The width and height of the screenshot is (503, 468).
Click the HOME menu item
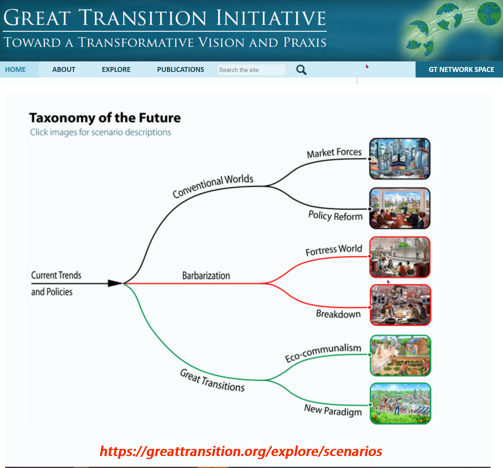(x=15, y=70)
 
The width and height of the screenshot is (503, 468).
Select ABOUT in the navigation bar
(x=64, y=70)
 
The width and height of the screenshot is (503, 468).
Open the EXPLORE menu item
(x=116, y=70)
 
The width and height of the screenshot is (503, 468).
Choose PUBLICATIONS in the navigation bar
(x=180, y=70)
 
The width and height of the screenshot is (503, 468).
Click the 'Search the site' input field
(x=251, y=70)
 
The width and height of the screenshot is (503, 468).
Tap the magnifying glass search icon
(x=301, y=70)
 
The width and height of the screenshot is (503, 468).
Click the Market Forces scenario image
(x=400, y=159)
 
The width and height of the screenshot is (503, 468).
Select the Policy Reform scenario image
(x=400, y=208)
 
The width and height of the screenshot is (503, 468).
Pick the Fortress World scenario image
(x=400, y=257)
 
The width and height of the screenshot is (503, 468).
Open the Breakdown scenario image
(x=400, y=305)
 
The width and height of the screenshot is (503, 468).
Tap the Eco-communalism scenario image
(x=400, y=355)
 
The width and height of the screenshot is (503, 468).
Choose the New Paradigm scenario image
(x=400, y=403)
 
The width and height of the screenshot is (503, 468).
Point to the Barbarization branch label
(x=206, y=276)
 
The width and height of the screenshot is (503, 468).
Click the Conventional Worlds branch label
(x=213, y=186)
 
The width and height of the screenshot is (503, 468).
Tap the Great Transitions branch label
(x=212, y=380)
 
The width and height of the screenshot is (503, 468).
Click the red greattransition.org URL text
(x=241, y=452)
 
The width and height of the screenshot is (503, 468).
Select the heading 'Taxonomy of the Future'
(x=105, y=118)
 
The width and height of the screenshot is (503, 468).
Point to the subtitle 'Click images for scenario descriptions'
(x=100, y=132)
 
